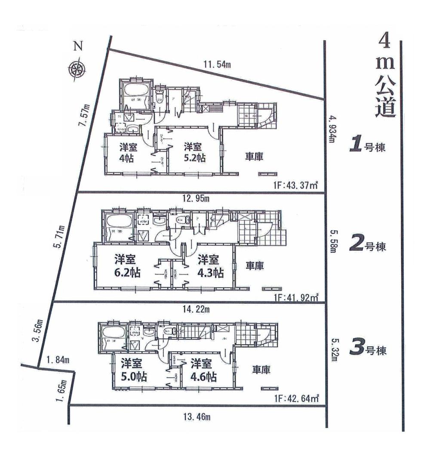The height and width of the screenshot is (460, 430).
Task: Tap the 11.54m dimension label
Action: coord(217,65)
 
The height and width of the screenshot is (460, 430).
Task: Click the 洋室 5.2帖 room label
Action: coord(194,152)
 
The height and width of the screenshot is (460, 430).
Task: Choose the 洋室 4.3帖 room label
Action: coord(209,266)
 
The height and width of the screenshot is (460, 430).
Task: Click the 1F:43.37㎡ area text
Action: coord(295,185)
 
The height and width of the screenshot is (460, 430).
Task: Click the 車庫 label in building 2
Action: coord(255,266)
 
